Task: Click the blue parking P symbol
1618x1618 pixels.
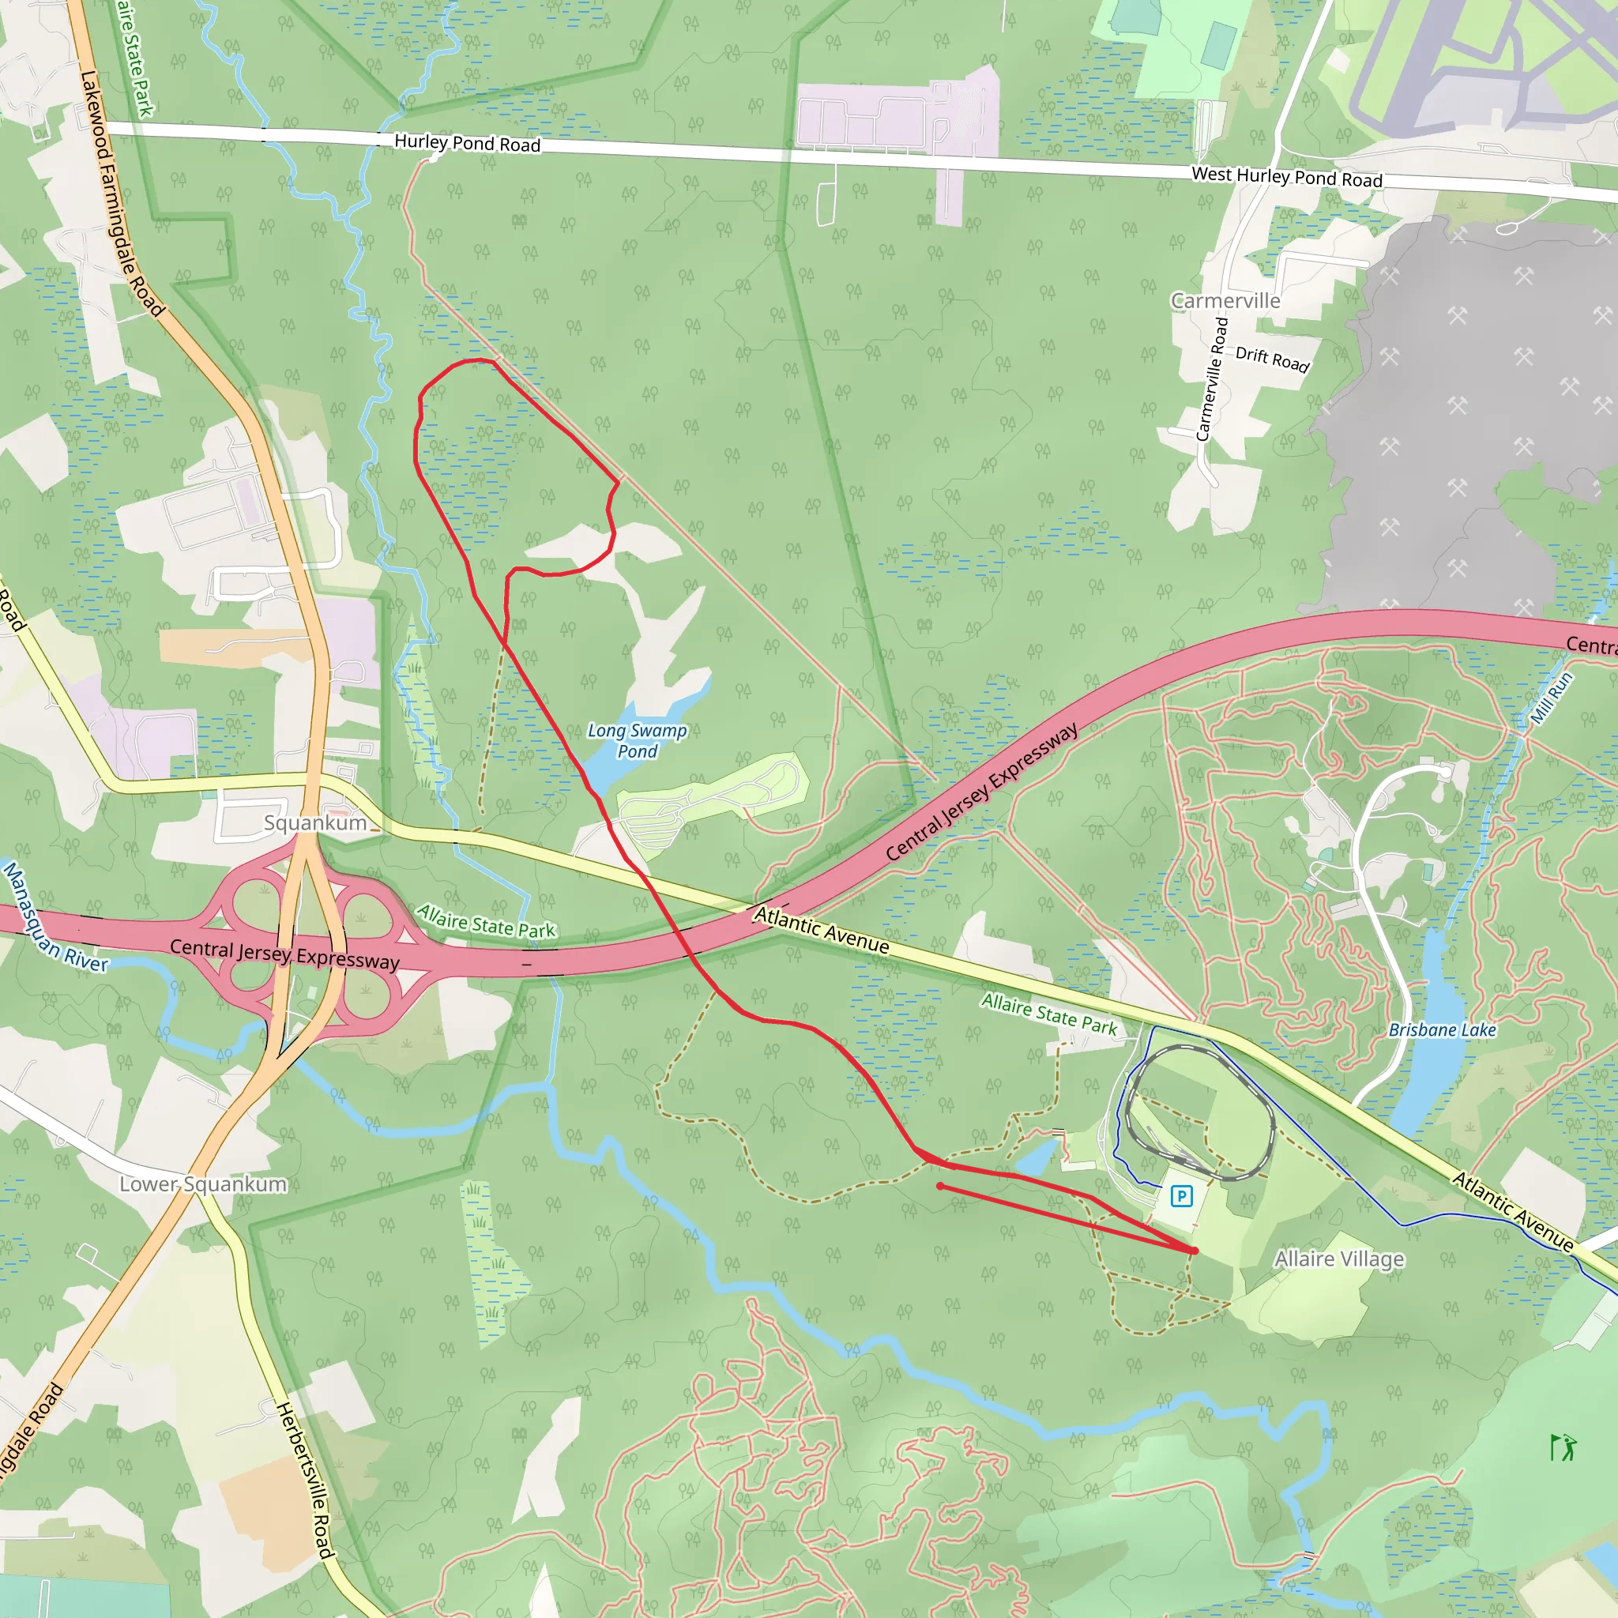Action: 1181,1196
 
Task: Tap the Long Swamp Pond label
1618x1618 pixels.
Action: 638,741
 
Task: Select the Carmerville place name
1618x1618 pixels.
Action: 1225,302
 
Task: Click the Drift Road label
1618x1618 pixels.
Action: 1272,359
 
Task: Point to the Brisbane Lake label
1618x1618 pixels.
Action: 1442,1030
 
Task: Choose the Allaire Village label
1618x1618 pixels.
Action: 1338,1259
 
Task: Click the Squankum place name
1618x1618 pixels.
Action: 316,823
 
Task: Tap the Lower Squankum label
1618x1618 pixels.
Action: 203,1184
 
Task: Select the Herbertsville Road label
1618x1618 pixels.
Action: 306,1480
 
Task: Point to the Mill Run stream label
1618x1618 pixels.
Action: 1551,698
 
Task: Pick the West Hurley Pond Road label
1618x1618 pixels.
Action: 1286,178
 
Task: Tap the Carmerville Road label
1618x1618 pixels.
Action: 1212,379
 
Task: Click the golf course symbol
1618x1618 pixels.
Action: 1563,1447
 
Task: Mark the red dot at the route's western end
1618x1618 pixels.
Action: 940,1186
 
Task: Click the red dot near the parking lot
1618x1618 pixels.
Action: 1195,1251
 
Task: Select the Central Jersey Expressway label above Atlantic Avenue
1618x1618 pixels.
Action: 981,792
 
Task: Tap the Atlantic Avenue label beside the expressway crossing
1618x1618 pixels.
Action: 821,930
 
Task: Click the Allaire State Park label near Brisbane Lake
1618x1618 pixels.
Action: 1048,1014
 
